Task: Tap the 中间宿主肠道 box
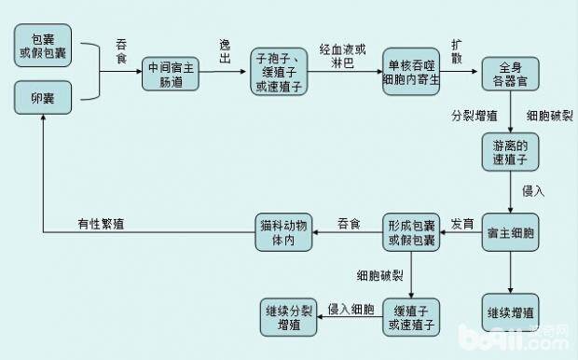pyautogui.click(x=172, y=72)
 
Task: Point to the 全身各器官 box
pyautogui.click(x=510, y=73)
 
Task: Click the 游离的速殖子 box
pyautogui.click(x=510, y=152)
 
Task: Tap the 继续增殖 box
pyautogui.click(x=510, y=311)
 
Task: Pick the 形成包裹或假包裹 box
pyautogui.click(x=410, y=232)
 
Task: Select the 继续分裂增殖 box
pyautogui.click(x=288, y=315)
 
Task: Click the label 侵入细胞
pyautogui.click(x=351, y=307)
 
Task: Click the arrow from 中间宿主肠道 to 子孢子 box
pyautogui.click(x=227, y=72)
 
